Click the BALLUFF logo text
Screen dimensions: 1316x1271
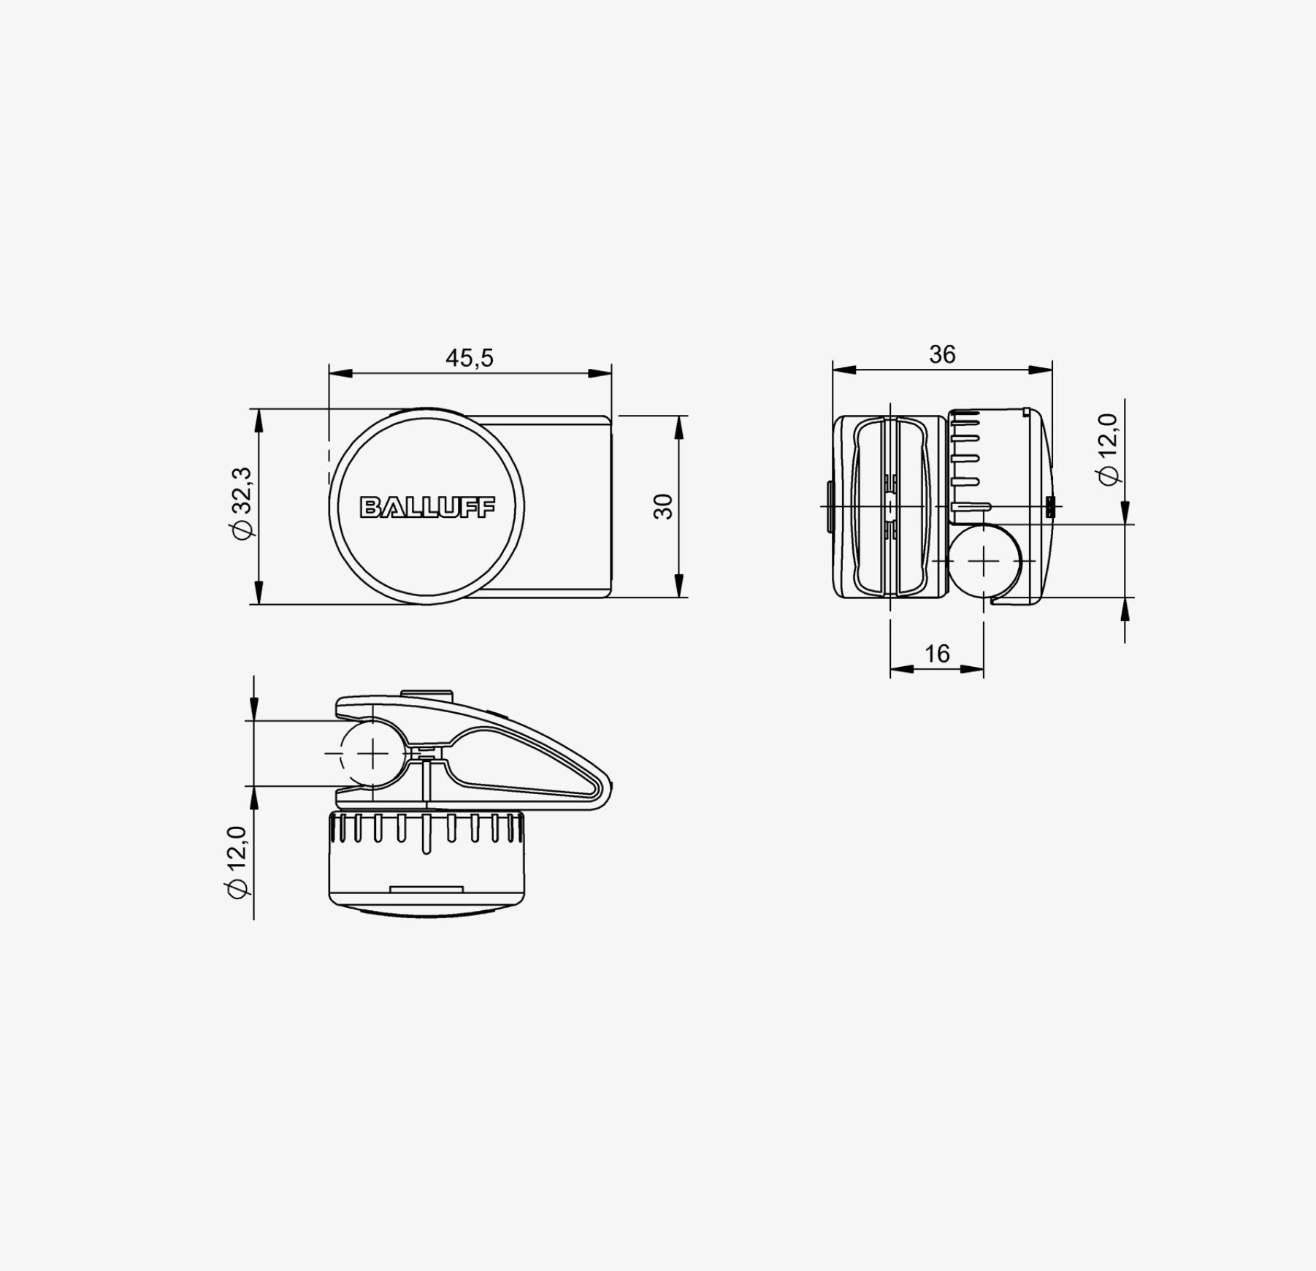(427, 507)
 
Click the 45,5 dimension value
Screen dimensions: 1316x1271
(470, 358)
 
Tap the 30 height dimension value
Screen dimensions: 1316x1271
(663, 506)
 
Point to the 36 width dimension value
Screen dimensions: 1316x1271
(942, 354)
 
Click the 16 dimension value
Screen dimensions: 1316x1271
(937, 653)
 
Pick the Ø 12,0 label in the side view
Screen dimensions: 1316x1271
(1108, 449)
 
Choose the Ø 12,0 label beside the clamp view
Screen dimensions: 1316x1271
(238, 862)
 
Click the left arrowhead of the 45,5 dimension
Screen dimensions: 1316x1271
(340, 373)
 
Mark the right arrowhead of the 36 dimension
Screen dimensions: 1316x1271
(1041, 370)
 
